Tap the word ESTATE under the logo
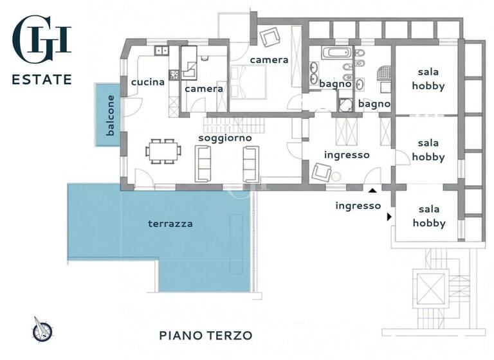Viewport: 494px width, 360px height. point(42,80)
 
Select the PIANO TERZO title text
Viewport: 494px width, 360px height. point(206,336)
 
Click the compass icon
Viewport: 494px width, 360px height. point(42,330)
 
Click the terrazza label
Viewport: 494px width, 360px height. point(170,224)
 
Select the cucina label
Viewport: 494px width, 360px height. point(147,82)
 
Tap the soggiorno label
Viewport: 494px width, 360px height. point(224,138)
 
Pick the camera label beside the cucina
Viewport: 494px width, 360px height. point(204,89)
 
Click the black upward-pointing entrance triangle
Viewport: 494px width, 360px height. point(372,190)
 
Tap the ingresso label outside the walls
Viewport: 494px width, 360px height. point(358,206)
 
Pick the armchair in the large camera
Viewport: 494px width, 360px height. point(270,36)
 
